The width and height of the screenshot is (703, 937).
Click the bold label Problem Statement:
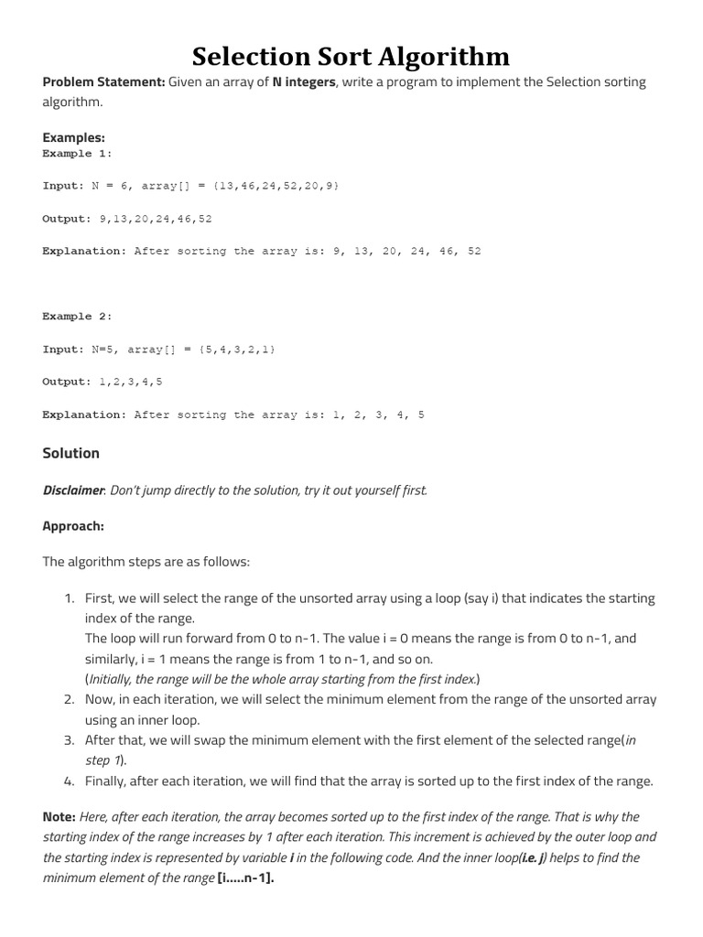click(x=103, y=82)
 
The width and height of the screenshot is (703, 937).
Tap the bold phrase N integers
click(x=305, y=82)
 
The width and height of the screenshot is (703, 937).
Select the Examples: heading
click(x=73, y=137)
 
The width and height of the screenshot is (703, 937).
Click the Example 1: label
click(x=77, y=154)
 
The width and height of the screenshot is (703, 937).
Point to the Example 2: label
click(x=77, y=317)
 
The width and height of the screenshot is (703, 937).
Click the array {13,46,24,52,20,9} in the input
click(x=276, y=186)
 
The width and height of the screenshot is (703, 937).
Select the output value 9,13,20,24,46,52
click(x=155, y=219)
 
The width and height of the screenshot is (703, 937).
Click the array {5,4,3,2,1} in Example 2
click(x=233, y=350)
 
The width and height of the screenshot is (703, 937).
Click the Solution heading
click(x=71, y=453)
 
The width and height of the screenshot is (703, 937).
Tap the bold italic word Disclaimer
click(x=73, y=490)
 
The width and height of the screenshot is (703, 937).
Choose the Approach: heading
click(x=73, y=526)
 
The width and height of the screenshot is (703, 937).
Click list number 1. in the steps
click(x=69, y=598)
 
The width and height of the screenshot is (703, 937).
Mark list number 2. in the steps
click(x=69, y=700)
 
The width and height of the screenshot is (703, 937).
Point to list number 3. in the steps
click(x=69, y=740)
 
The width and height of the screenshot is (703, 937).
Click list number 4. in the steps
click(x=69, y=781)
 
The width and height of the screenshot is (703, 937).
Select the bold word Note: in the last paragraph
click(x=59, y=817)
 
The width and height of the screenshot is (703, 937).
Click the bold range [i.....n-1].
click(x=245, y=878)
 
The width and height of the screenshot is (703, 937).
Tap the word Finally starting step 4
click(x=105, y=781)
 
